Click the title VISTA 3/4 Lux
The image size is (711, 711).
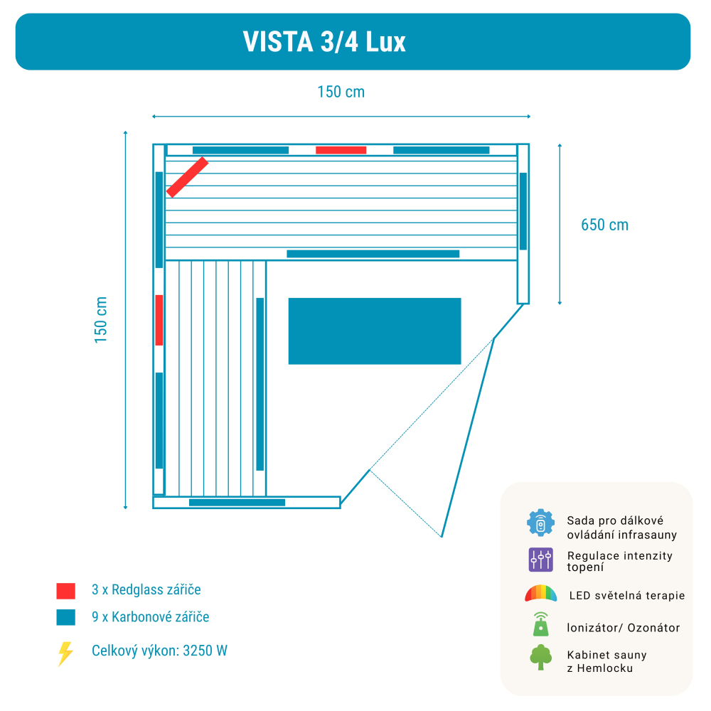click(x=324, y=42)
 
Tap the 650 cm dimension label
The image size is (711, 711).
click(x=604, y=225)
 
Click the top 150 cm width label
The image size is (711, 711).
click(x=341, y=92)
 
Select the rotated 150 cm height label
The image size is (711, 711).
click(x=101, y=320)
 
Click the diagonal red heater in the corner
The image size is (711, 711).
click(x=187, y=177)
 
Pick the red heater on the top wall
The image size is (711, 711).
click(x=341, y=150)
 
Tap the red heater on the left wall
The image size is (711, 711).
click(x=159, y=320)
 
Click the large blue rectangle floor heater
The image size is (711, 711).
click(x=375, y=331)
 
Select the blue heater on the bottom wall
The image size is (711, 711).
click(x=237, y=503)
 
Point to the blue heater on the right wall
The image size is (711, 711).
click(x=523, y=211)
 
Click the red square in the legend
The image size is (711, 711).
click(x=66, y=591)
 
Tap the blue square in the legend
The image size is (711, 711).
click(x=66, y=617)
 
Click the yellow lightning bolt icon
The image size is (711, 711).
click(x=65, y=653)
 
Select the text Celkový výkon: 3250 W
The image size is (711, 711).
click(x=159, y=651)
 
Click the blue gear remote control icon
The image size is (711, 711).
click(x=540, y=523)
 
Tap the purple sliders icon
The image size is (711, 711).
click(x=541, y=560)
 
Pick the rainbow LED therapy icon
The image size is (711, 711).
click(x=540, y=594)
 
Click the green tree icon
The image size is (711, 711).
click(x=540, y=657)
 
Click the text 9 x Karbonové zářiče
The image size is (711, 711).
click(x=151, y=617)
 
